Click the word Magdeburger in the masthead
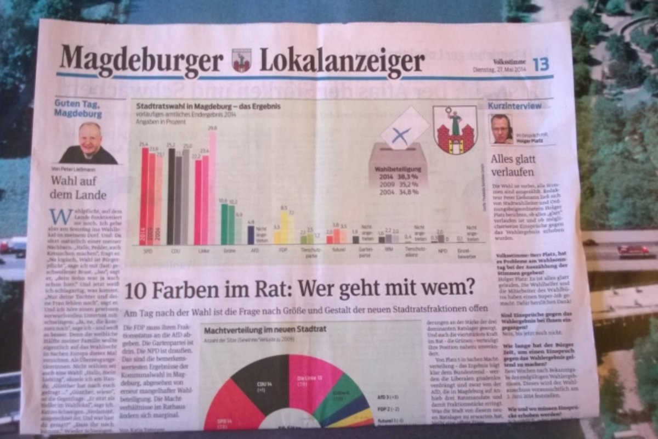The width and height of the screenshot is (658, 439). [141, 60]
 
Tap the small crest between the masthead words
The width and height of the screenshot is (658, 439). [241, 60]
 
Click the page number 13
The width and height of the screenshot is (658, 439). [540, 65]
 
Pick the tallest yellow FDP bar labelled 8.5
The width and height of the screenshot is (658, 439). [284, 228]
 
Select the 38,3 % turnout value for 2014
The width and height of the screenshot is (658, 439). [407, 177]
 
